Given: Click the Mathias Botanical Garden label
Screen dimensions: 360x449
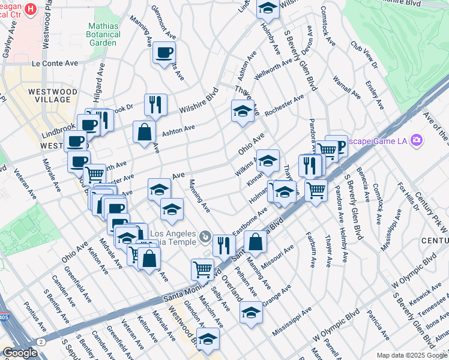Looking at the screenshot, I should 104,34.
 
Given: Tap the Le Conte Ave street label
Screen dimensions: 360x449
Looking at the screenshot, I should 55,63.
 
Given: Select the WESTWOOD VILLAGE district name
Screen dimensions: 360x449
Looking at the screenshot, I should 52,96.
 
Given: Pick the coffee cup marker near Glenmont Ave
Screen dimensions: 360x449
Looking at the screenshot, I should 164,53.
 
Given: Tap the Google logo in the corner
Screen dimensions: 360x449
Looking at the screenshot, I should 20,353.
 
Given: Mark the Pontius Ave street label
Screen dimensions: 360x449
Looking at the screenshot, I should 35,316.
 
